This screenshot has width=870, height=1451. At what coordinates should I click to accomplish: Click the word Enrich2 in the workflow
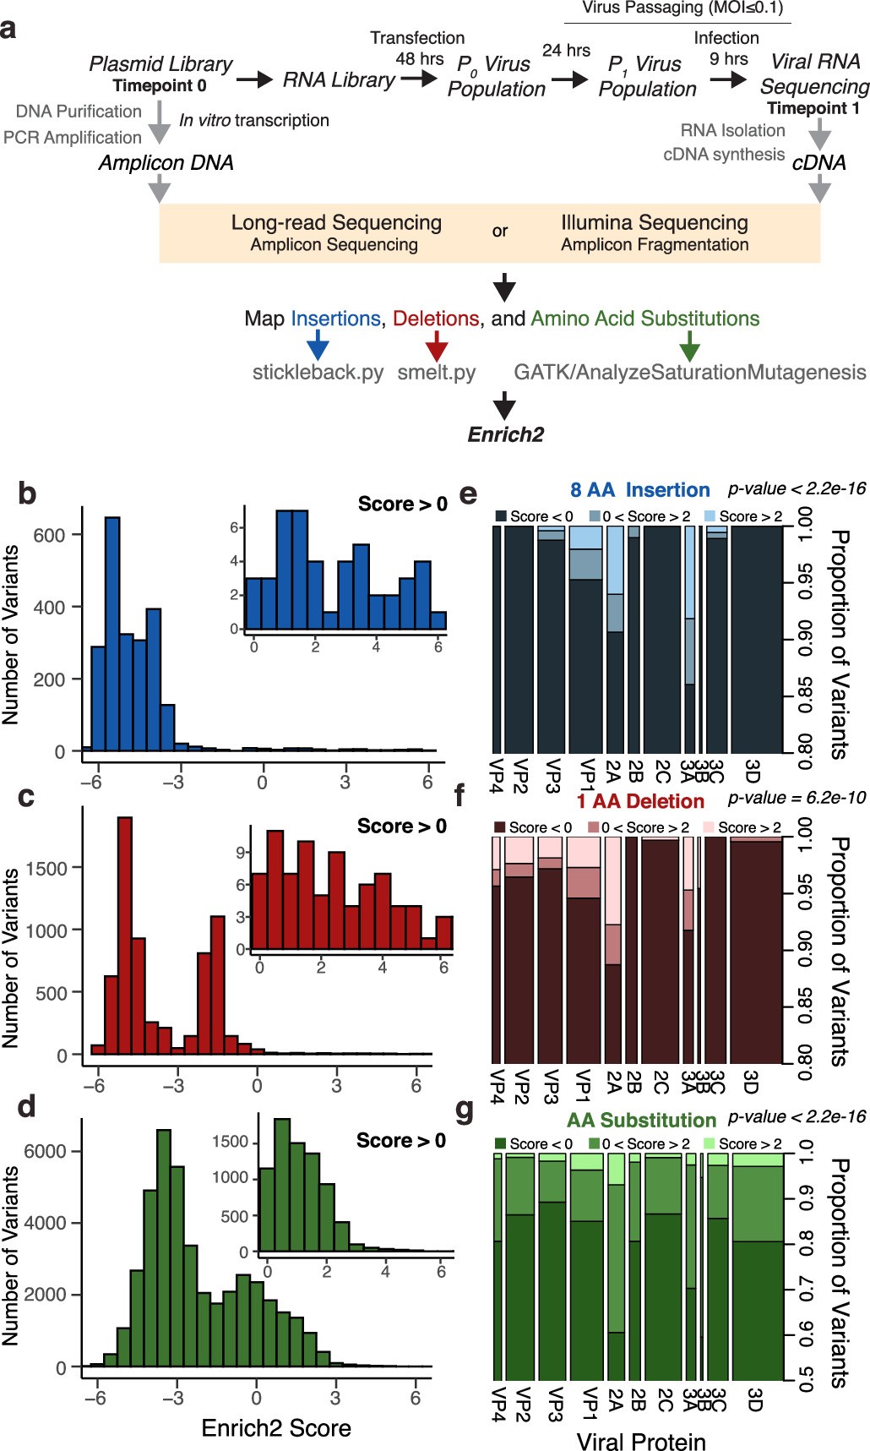tap(505, 434)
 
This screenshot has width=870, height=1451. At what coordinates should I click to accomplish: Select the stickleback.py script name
tap(318, 372)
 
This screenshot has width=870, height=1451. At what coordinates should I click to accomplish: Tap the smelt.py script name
tap(436, 372)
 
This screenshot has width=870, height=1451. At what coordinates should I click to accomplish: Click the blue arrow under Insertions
tap(318, 344)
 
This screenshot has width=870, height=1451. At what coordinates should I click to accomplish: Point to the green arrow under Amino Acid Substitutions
tap(689, 344)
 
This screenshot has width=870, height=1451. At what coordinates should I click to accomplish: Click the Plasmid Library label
tap(160, 64)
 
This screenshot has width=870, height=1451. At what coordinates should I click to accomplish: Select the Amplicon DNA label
tap(166, 162)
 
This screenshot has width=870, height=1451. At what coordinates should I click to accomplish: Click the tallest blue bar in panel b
tap(111, 634)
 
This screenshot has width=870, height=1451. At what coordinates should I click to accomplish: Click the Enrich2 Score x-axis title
tap(276, 1427)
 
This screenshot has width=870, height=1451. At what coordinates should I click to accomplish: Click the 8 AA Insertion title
tap(639, 490)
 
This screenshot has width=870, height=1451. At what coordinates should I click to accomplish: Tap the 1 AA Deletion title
tap(640, 801)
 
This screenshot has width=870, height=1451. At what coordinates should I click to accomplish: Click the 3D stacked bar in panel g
tap(757, 1268)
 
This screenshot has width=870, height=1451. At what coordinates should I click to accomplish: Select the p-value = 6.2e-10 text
tap(797, 799)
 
